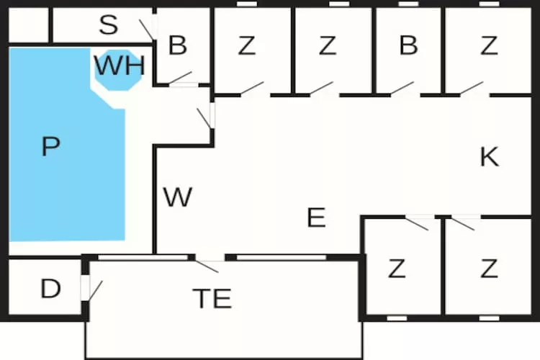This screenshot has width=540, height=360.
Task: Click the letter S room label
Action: coord(108,25)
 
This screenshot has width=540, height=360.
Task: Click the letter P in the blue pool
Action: coord(50,147)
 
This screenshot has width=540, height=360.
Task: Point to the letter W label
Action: coord(177,197)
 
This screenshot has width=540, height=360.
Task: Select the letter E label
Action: coord(316,217)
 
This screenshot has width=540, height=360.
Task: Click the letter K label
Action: coord(489,157)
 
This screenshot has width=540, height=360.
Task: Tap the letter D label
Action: coord(50,289)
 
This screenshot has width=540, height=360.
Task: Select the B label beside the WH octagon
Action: coord(177,45)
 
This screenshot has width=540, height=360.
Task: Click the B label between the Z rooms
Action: coord(408,45)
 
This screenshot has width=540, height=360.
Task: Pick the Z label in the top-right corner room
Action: coord(489,45)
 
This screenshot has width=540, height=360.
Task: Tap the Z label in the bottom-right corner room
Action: coord(489,269)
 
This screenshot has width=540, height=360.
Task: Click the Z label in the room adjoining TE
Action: coord(396,269)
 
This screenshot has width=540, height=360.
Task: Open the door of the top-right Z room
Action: coord(471,89)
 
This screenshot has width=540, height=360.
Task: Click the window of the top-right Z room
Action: coord(489,4)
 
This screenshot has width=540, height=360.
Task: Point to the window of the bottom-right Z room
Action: coord(489,318)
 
